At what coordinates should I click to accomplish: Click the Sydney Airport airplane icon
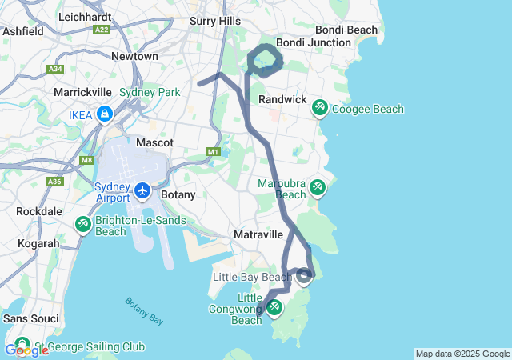click(x=142, y=190)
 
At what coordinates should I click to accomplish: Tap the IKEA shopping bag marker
click(x=104, y=116)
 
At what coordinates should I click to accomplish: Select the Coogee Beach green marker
click(x=319, y=106)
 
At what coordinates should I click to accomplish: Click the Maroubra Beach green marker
click(x=318, y=187)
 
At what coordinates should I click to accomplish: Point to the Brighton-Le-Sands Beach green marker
click(x=82, y=225)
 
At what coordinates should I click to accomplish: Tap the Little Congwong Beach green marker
click(x=274, y=307)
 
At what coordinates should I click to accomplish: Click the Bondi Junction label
click(x=313, y=42)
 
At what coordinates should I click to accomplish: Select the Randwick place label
click(x=282, y=99)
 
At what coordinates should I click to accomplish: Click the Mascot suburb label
click(x=155, y=142)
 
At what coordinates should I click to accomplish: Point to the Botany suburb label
click(x=178, y=194)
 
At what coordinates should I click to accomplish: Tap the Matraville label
click(x=258, y=235)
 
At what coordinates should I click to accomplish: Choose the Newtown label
click(x=134, y=57)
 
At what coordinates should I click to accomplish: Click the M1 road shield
click(x=212, y=151)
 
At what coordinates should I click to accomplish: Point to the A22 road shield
click(x=101, y=29)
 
